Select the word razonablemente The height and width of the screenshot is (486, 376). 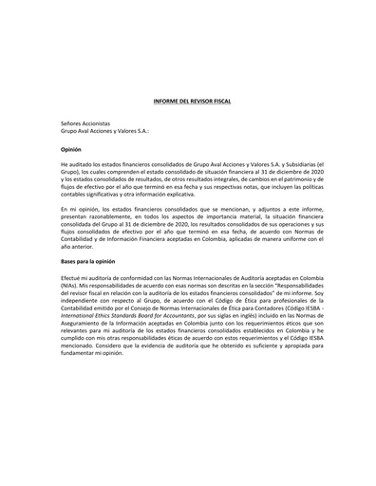97,215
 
